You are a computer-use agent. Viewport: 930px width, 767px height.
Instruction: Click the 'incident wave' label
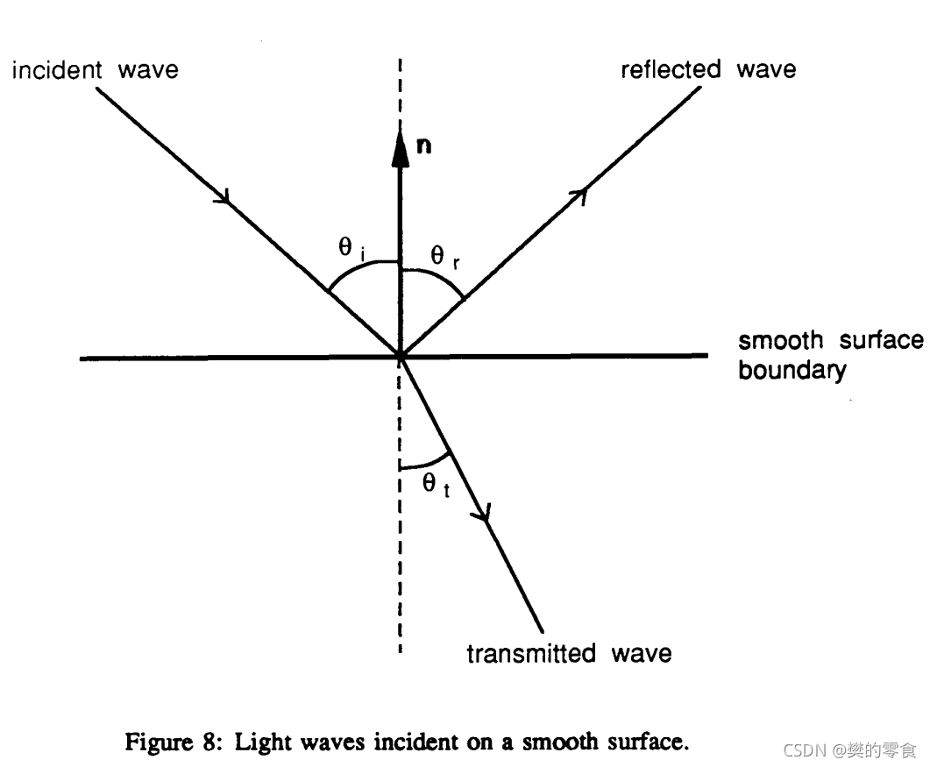point(95,70)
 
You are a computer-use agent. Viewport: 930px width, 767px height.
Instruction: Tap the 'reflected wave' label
point(708,70)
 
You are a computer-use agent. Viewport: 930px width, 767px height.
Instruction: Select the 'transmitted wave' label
point(569,654)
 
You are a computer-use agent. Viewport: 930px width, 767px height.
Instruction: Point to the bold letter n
point(424,146)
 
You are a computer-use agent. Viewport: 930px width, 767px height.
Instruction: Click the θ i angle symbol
point(351,250)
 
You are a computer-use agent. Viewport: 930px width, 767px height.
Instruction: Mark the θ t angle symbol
point(435,483)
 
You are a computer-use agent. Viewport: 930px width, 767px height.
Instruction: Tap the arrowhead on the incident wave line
point(224,196)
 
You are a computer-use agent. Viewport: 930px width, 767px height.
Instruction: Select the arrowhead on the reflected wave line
point(579,194)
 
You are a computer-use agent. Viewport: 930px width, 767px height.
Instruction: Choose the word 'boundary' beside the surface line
point(792,371)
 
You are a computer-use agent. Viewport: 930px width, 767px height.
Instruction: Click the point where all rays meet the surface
point(400,357)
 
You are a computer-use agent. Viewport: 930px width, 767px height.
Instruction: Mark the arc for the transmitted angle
point(428,461)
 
